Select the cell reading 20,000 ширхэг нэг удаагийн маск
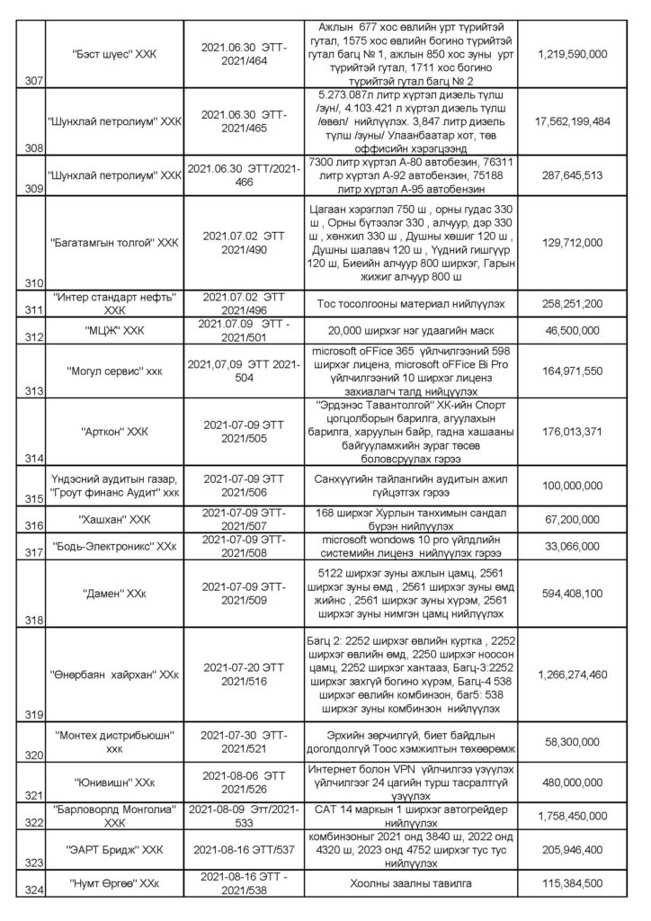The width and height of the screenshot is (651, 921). pos(408,331)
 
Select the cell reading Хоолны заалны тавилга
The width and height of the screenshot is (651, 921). pos(408,885)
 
